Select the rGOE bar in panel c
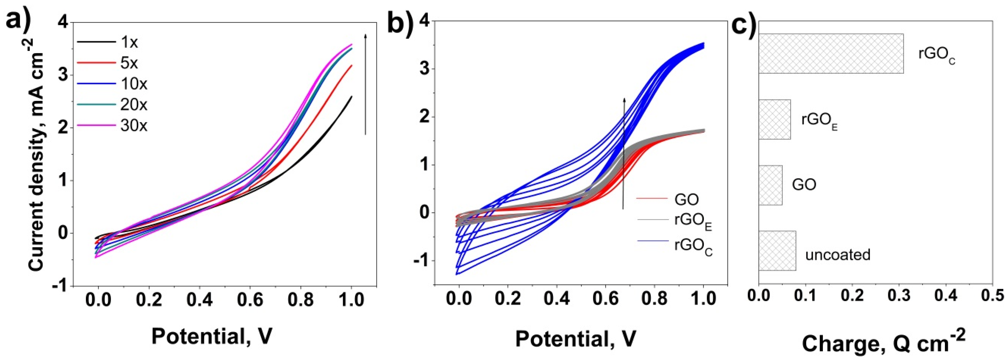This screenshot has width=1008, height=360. pyautogui.click(x=774, y=119)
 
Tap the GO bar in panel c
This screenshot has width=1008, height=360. pyautogui.click(x=771, y=185)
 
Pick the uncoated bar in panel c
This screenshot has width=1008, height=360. pyautogui.click(x=777, y=250)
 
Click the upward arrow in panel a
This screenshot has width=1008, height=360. pyautogui.click(x=366, y=84)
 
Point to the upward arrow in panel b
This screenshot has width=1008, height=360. pyautogui.click(x=624, y=153)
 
